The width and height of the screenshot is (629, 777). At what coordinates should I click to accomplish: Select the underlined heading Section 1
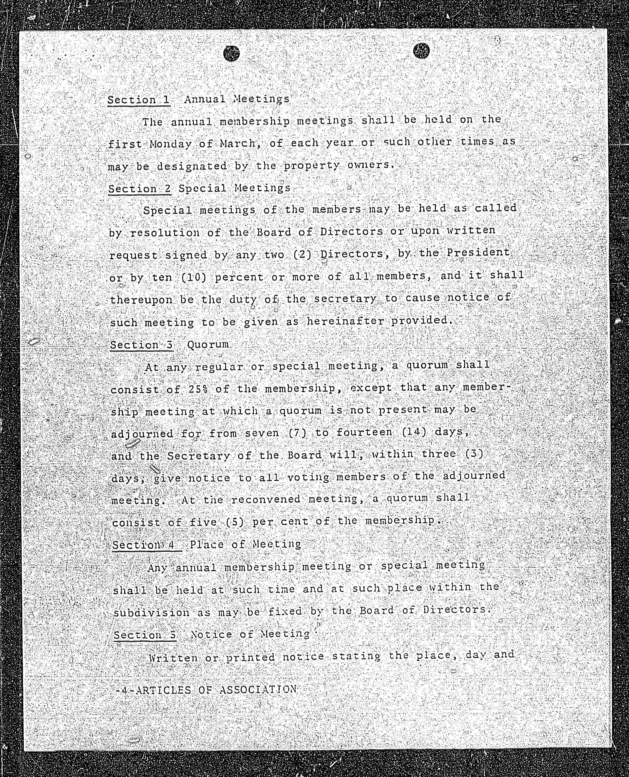click(139, 100)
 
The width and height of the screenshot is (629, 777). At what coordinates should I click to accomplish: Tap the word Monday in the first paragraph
click(171, 144)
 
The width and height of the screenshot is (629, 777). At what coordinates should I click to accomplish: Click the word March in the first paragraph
click(238, 143)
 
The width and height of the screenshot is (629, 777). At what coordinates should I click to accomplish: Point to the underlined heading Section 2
click(139, 189)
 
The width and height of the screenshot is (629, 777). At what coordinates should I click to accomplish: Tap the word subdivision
click(151, 613)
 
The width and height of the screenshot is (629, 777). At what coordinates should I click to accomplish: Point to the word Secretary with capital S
click(198, 456)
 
